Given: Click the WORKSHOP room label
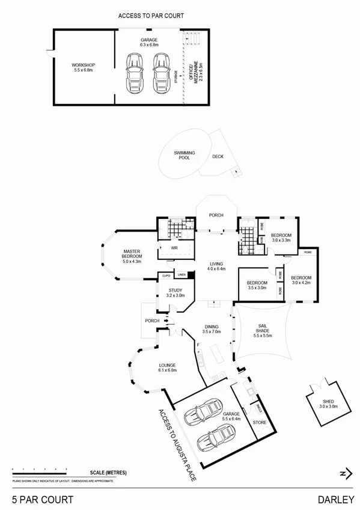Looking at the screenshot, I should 84,65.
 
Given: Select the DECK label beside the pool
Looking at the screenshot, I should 218,157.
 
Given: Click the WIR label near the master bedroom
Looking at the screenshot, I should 174,247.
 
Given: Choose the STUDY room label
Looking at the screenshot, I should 175,290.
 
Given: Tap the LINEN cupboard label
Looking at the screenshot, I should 181,275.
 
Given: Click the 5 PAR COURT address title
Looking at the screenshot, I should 43,499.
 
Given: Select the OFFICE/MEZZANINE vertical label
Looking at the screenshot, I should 193,73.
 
